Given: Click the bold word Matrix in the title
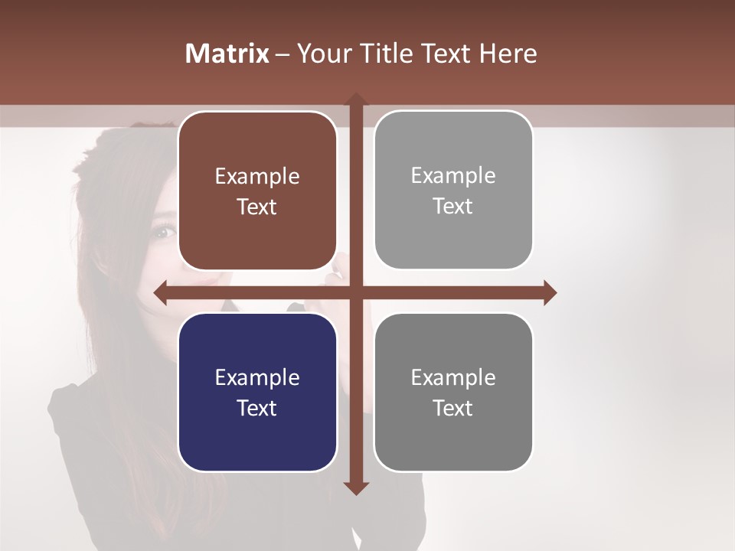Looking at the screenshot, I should [x=227, y=54].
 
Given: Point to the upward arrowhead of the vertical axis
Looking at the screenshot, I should [x=356, y=99].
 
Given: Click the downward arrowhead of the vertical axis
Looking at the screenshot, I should [x=356, y=487].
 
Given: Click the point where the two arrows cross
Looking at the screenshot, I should [x=356, y=293].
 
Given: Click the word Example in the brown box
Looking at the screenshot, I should [x=257, y=177].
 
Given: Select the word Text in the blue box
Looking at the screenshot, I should [x=257, y=408].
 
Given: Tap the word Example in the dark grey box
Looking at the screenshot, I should [x=453, y=377].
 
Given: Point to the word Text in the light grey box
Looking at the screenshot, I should [x=453, y=207].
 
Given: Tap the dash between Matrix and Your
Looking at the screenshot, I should [x=283, y=54].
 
